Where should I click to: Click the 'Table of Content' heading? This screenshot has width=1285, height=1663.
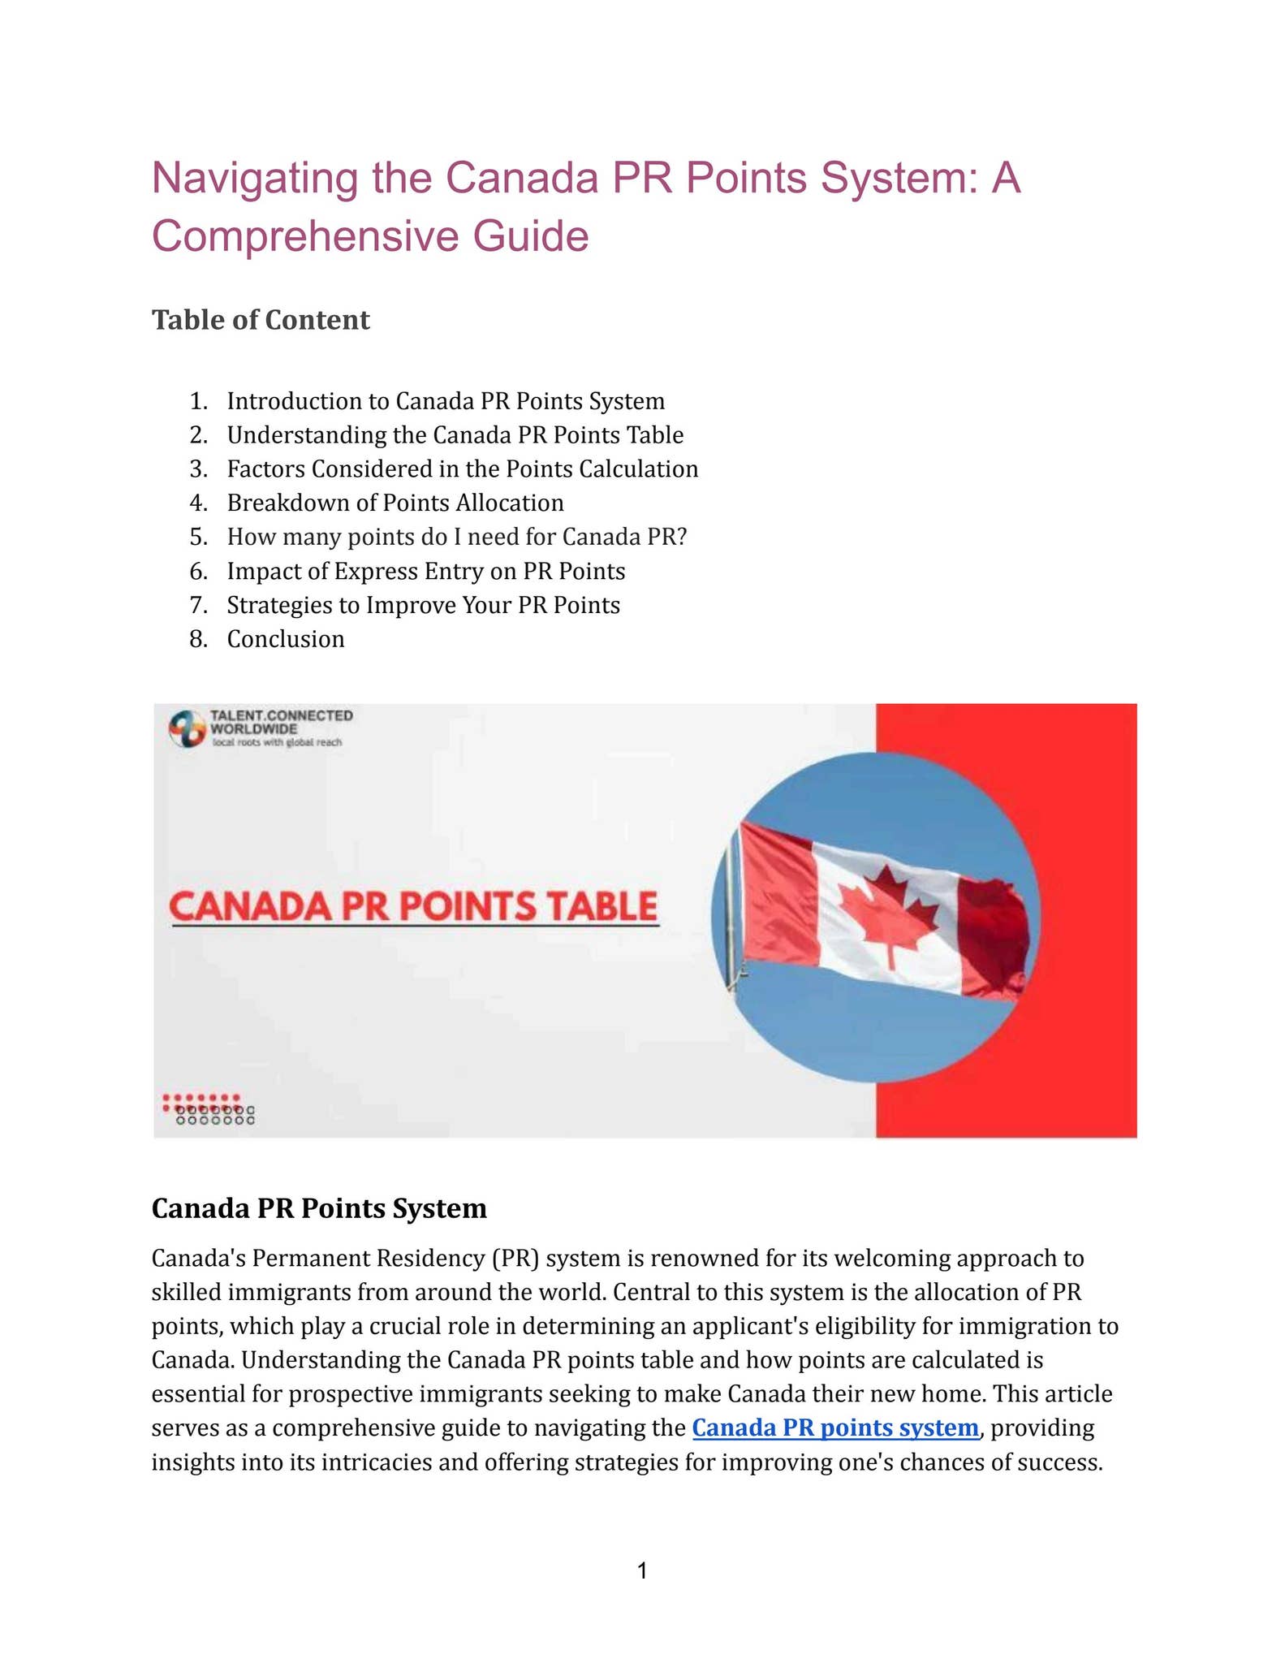261,320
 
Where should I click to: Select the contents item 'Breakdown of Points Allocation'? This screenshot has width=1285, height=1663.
395,503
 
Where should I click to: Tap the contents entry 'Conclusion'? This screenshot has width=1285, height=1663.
286,639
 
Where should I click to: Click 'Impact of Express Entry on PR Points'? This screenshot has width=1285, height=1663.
426,571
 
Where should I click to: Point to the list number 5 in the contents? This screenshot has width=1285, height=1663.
198,537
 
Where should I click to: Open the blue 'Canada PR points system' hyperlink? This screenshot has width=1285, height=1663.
835,1428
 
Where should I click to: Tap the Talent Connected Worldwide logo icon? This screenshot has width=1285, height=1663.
187,728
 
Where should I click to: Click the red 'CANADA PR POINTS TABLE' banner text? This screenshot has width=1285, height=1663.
413,907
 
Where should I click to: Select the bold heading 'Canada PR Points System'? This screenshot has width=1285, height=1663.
319,1208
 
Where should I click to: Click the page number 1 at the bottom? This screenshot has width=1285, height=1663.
642,1571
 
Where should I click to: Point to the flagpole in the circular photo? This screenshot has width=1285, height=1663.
734,918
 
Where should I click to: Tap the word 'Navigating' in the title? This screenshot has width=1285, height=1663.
254,178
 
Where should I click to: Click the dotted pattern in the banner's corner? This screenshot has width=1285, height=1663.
208,1109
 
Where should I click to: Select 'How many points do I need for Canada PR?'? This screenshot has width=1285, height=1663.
457,537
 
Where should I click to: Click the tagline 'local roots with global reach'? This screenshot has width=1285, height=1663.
277,742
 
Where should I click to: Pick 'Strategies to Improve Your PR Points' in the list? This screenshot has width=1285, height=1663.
423,605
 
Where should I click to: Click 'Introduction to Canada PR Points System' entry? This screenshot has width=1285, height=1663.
446,401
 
